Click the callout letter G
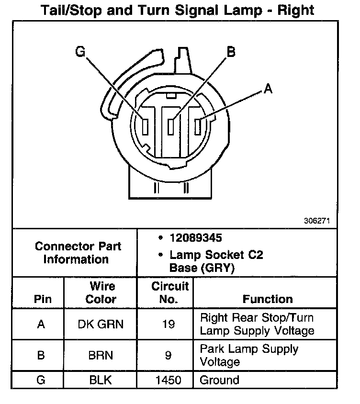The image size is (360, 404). coord(80,51)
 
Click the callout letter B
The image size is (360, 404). coord(231,51)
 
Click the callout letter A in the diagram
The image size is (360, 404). coord(268,89)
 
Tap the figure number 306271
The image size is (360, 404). coord(316,221)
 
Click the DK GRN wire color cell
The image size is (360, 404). coord(100,324)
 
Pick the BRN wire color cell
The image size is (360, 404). coord(100,355)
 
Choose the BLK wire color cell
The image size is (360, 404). coord(100,381)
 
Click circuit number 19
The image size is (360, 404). coord(168,324)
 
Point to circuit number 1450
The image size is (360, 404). coord(168,381)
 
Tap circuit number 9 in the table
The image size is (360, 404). coord(168,355)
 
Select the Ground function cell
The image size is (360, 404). coord(219,381)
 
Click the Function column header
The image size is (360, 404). coord(268,299)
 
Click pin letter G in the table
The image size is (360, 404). coord(41,381)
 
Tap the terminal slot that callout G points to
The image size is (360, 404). coord(146,126)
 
